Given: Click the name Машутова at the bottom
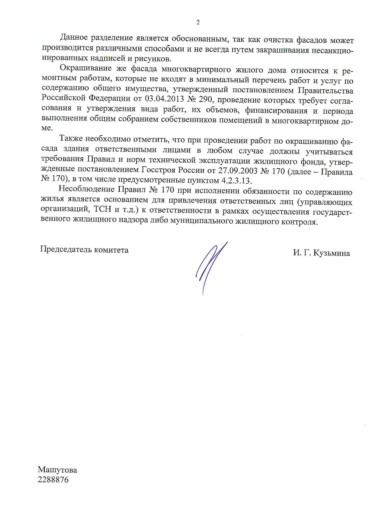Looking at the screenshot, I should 57,470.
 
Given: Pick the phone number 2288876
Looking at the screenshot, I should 53,480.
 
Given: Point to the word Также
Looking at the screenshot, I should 71,139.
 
